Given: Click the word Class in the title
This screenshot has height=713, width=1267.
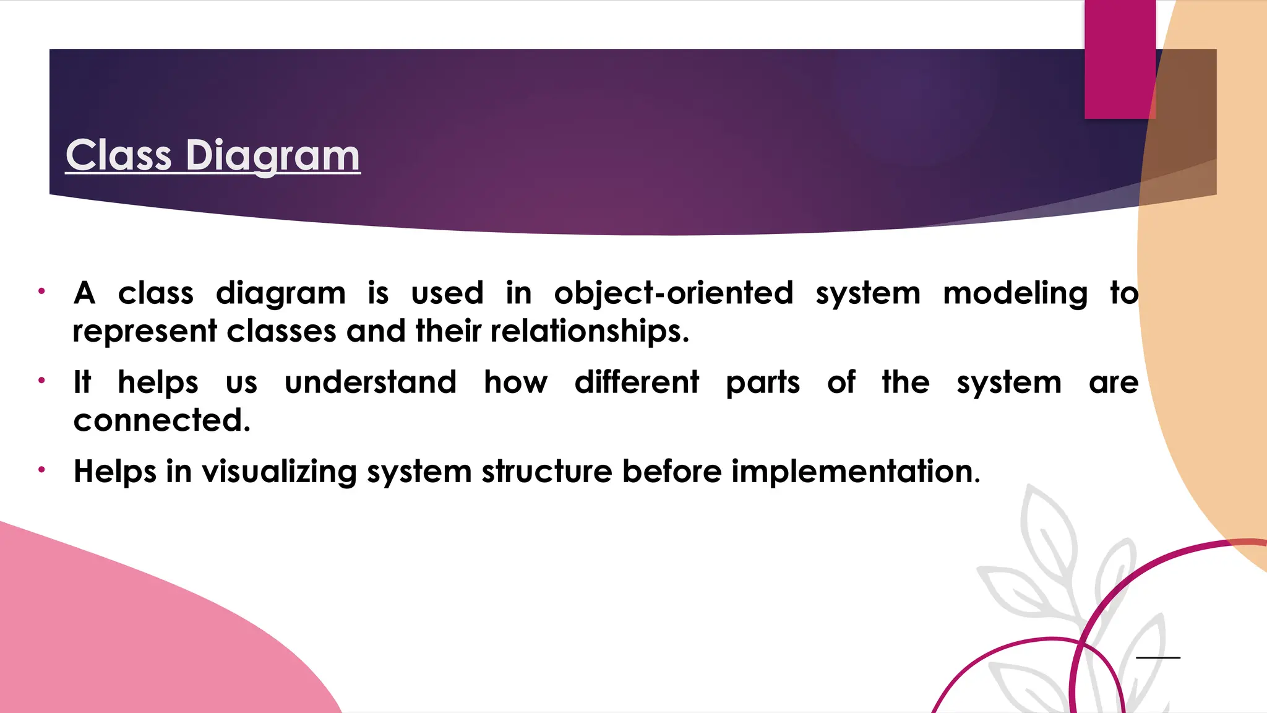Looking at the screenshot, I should tap(118, 155).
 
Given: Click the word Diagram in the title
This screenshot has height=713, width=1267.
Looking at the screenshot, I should tap(273, 155).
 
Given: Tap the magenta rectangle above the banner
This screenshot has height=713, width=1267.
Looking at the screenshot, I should tap(1119, 59).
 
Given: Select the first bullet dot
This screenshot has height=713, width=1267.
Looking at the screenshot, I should tap(41, 291).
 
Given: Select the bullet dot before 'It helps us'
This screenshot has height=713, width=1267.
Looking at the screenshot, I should tap(41, 380).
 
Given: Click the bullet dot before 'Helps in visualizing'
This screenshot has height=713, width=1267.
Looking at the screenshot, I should tap(41, 470).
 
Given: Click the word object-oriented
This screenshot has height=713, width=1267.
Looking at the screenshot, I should tap(673, 293).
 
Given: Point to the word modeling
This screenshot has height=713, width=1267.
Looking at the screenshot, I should tap(1015, 293).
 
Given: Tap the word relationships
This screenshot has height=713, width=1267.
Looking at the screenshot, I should tap(589, 331).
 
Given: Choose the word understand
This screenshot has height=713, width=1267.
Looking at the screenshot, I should tap(371, 382).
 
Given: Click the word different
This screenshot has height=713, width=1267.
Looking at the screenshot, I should tap(637, 382).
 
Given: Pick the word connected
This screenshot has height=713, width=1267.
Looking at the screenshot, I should tap(161, 420).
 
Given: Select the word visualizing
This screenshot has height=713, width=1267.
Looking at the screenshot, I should tap(279, 472).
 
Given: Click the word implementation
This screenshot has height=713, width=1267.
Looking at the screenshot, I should tap(855, 472).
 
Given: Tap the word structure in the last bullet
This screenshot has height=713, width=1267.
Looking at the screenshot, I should tap(547, 472).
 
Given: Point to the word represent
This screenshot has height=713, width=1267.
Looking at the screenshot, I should tap(145, 332).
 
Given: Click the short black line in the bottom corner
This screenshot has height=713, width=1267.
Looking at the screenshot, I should tap(1158, 657).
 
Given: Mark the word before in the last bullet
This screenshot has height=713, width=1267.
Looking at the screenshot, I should tap(672, 472).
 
